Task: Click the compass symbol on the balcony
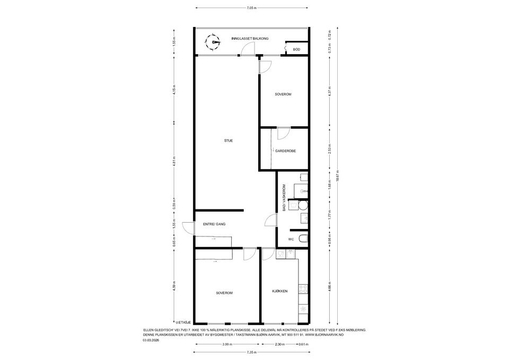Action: tap(215, 41)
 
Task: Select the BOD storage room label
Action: tap(296, 49)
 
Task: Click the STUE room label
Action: tap(229, 141)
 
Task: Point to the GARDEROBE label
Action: tap(285, 151)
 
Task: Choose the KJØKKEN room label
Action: tap(280, 292)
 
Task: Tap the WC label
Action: tap(291, 240)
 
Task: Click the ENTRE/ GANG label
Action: tap(214, 224)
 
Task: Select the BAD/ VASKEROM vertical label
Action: tap(284, 198)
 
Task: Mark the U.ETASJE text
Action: tap(183, 321)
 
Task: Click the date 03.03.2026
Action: tap(151, 341)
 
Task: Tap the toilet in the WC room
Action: tap(302, 240)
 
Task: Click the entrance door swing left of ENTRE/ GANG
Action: tap(187, 227)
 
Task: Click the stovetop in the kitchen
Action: tap(304, 289)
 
